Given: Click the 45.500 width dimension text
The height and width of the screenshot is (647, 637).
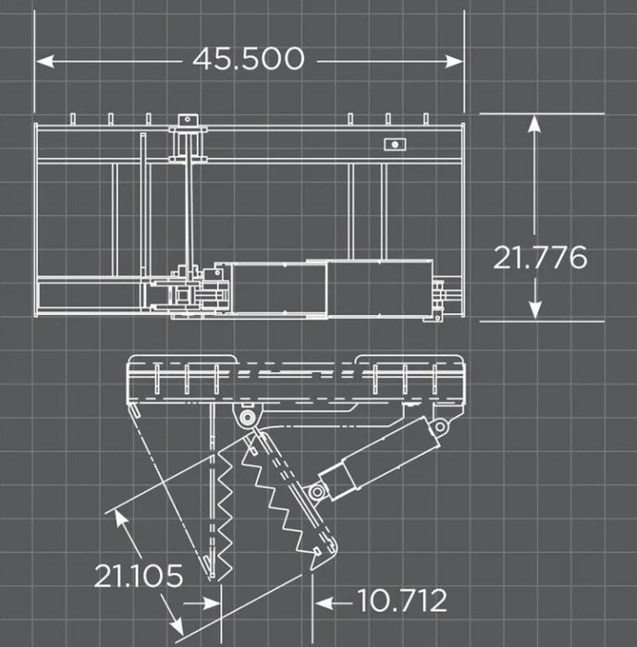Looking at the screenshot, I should pyautogui.click(x=248, y=59).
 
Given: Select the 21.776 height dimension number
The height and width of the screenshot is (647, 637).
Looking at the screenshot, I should pyautogui.click(x=539, y=257).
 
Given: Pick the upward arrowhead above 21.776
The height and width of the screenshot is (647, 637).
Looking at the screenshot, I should pyautogui.click(x=534, y=123).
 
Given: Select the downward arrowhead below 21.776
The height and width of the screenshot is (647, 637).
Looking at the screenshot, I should pyautogui.click(x=534, y=312).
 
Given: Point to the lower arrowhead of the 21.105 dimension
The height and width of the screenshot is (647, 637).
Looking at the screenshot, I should pyautogui.click(x=175, y=616).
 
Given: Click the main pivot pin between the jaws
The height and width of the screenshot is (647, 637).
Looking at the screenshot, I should pyautogui.click(x=246, y=418).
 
